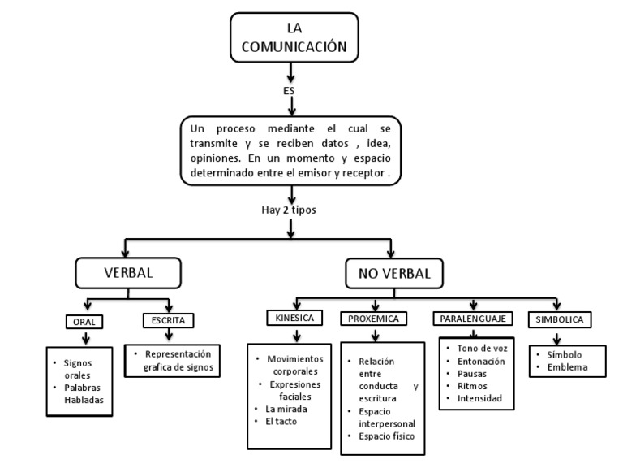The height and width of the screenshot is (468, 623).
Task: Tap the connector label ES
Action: click(289, 90)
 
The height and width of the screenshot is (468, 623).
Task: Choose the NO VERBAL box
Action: click(393, 274)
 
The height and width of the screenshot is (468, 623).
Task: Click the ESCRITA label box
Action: click(168, 320)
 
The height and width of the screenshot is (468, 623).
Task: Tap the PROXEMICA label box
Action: click(374, 318)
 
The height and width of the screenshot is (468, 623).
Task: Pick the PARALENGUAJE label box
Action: click(473, 318)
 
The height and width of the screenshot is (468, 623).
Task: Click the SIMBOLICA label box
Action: click(557, 318)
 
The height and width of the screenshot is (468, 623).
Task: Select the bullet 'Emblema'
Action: click(565, 368)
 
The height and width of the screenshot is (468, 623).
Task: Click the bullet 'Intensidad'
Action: click(479, 398)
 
